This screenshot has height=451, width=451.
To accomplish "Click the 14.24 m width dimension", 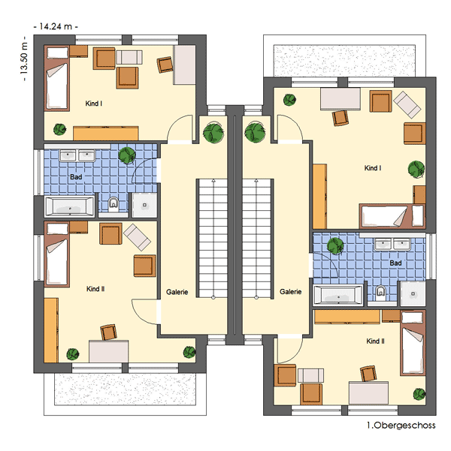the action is (x=56, y=27).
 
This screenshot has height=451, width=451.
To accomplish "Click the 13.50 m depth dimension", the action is (x=24, y=59).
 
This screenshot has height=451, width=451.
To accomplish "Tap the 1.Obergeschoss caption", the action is (x=401, y=425).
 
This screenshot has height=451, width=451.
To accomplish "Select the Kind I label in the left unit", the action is (x=94, y=104).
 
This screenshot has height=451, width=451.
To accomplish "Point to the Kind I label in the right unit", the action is (x=373, y=168).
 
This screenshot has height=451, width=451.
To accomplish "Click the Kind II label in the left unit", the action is (x=95, y=289).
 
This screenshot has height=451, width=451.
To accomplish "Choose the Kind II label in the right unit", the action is (x=375, y=341).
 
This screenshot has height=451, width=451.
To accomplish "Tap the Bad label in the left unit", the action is (x=76, y=177).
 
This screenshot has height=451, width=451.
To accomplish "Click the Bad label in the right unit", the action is (x=395, y=263).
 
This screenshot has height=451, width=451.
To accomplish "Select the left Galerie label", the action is (x=177, y=292).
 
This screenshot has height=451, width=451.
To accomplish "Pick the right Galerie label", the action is (x=290, y=292).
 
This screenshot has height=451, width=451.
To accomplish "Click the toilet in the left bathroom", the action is (x=114, y=203).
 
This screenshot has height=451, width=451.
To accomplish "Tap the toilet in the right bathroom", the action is (x=380, y=292).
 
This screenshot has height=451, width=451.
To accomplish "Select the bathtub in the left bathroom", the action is (x=69, y=206).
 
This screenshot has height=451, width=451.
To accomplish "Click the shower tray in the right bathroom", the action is (x=413, y=293).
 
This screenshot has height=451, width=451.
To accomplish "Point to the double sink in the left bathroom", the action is (x=77, y=155).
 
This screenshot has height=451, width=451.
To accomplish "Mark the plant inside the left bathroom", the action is (x=127, y=155).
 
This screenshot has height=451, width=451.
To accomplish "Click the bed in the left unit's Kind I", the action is (x=57, y=78).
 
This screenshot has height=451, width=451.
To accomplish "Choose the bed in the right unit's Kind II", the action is (x=413, y=343).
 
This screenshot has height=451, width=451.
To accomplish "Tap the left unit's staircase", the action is (x=213, y=239).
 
